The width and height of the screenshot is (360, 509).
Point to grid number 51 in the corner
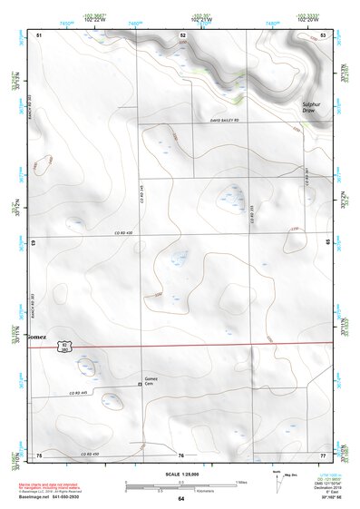point(39,34)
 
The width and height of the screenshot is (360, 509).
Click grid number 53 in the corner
point(324,34)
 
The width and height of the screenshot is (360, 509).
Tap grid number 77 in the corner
point(323,453)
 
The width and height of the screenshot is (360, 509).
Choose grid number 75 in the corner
point(39,453)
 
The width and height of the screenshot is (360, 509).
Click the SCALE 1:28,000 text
point(180,475)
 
